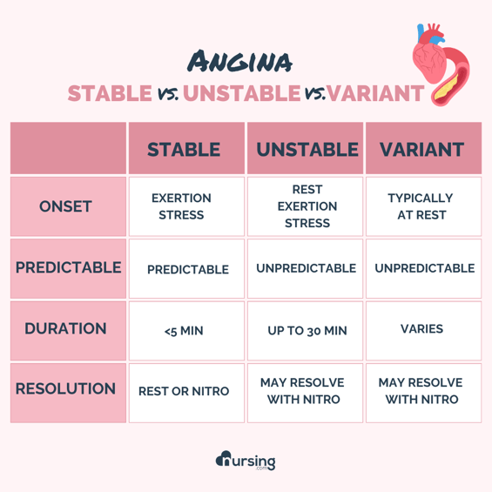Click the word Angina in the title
(x=239, y=62)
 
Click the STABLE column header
(x=184, y=149)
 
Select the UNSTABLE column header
(x=307, y=149)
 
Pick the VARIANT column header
(x=421, y=149)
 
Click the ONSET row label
(x=65, y=206)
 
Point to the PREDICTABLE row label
(x=68, y=267)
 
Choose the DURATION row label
(x=65, y=329)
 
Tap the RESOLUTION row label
(x=65, y=388)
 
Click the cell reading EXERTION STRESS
(x=184, y=206)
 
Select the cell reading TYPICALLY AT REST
(x=421, y=206)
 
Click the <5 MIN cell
(x=184, y=330)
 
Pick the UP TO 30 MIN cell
(x=307, y=330)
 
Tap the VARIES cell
(x=421, y=329)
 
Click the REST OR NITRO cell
(x=184, y=391)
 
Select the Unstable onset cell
(x=307, y=206)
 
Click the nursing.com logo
(x=246, y=460)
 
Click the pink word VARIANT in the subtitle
(x=376, y=93)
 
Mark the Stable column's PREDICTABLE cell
(x=187, y=269)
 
